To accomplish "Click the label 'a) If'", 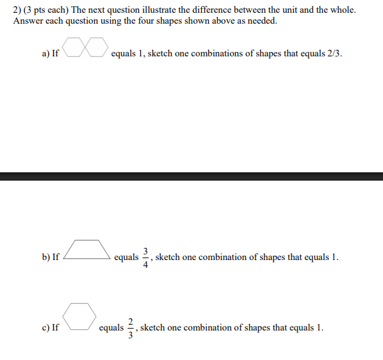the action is point(50,54).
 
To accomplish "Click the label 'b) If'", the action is point(51,258).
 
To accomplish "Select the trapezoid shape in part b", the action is point(86,249).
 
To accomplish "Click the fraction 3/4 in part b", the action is point(146,258).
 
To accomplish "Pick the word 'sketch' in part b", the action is point(168,258).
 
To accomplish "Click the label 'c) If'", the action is point(50,328).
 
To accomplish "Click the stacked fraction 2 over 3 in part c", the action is point(131,327).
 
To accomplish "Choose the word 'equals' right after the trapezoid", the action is point(126,258).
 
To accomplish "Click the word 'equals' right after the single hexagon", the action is point(111,328).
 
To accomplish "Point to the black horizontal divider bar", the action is point(191,176).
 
